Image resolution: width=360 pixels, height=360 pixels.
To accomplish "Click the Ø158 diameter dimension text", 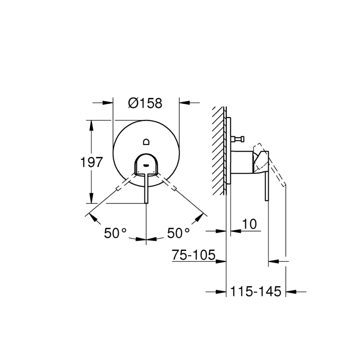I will [145, 103].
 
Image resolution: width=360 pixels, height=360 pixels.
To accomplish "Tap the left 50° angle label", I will [115, 234].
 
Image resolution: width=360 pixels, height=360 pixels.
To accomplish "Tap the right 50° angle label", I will [178, 234].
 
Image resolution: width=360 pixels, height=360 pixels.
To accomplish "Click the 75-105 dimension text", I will [193, 255].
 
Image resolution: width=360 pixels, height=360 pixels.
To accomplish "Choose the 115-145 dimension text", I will [255, 292].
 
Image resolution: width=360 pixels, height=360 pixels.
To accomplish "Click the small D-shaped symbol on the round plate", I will [146, 142].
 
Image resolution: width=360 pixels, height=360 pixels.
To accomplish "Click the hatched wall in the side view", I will [219, 149].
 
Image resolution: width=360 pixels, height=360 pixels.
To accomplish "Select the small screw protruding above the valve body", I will [238, 139].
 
